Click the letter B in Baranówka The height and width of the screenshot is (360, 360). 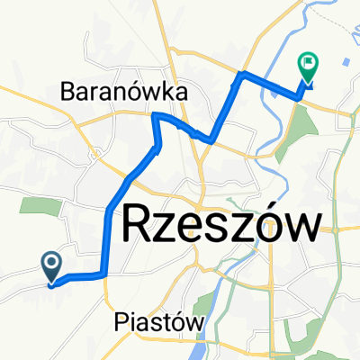click(68, 91)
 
